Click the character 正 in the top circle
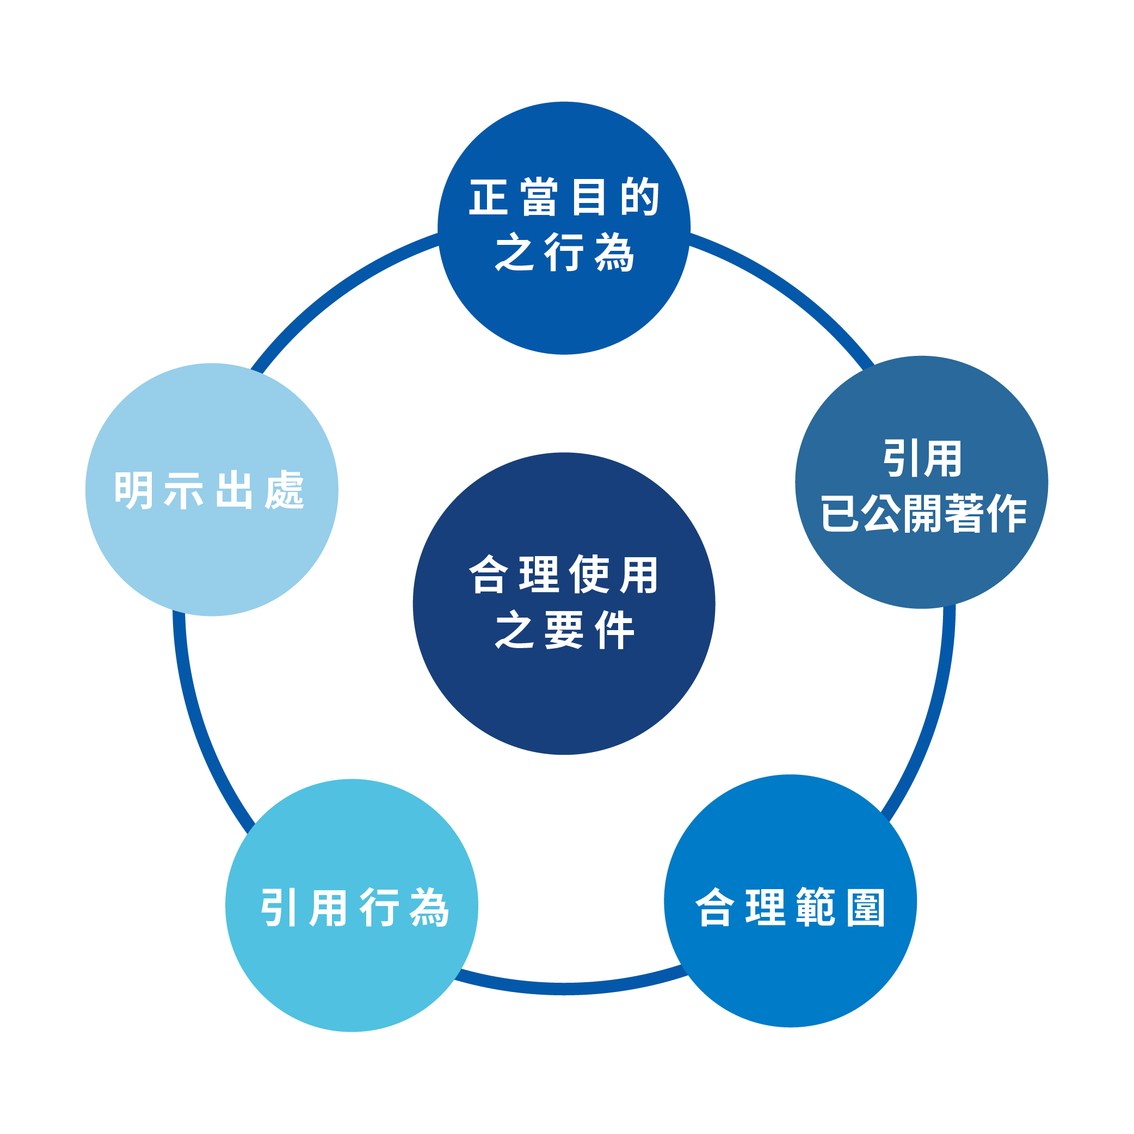(x=488, y=197)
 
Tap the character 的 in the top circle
(x=640, y=197)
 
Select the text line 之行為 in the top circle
(x=565, y=253)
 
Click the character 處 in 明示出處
(x=285, y=490)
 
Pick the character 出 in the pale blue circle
(x=234, y=490)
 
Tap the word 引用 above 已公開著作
(x=922, y=458)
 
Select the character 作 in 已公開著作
(x=1007, y=513)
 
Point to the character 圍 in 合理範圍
(x=866, y=908)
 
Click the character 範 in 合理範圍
(x=815, y=908)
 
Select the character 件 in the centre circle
(x=614, y=630)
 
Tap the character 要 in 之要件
(x=564, y=630)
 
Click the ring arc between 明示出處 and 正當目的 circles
(x=335, y=290)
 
